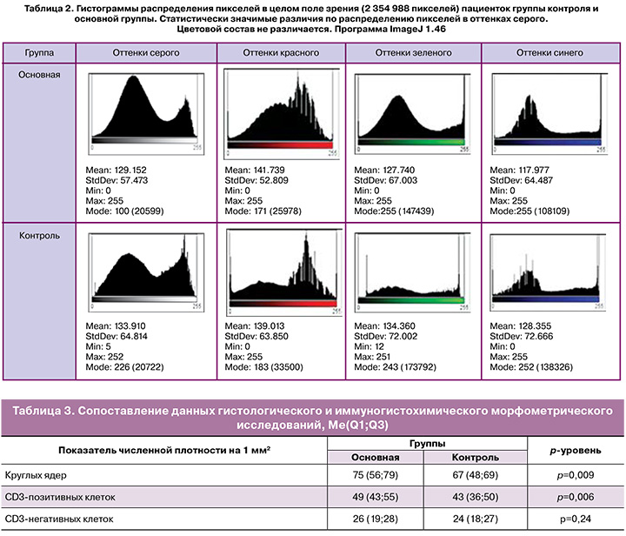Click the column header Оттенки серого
tap(146, 53)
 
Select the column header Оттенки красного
tap(280, 53)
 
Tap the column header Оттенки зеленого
tap(413, 53)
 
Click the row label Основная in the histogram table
tap(40, 74)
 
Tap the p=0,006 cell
tap(577, 498)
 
